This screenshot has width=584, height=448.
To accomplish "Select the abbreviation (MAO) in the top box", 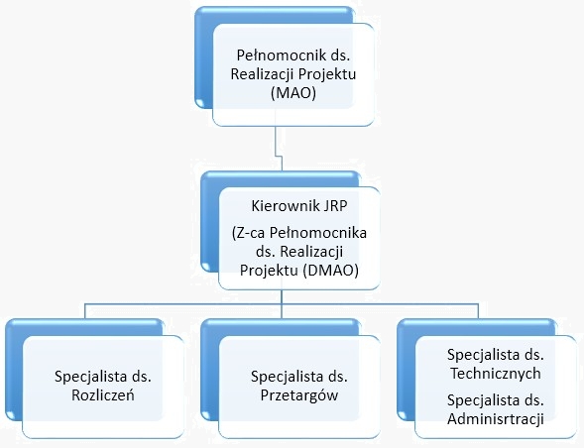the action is (x=293, y=93).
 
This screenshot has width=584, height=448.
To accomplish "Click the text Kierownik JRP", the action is (x=299, y=206).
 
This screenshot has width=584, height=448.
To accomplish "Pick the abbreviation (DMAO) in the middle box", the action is (x=331, y=271).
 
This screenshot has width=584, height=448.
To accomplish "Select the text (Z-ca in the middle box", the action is (x=249, y=234).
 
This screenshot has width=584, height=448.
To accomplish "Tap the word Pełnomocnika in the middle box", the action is (x=318, y=233).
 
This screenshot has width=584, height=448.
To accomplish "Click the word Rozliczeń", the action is (x=103, y=395).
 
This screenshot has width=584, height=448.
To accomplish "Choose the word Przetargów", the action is (x=299, y=395).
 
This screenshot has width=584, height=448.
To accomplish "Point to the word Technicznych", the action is (x=496, y=374).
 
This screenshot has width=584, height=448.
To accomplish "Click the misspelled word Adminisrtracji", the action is (x=496, y=419).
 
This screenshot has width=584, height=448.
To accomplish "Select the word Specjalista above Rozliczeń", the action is (x=90, y=377).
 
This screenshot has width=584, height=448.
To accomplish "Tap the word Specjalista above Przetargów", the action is (x=287, y=377).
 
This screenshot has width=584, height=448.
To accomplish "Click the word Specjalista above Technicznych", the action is (x=484, y=355).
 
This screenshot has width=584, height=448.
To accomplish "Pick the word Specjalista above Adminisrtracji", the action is (x=484, y=400).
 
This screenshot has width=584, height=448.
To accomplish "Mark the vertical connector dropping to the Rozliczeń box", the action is (x=85, y=311).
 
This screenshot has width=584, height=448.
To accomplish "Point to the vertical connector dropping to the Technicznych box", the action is (x=478, y=311).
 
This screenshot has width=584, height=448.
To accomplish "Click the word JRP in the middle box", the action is (x=335, y=206).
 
